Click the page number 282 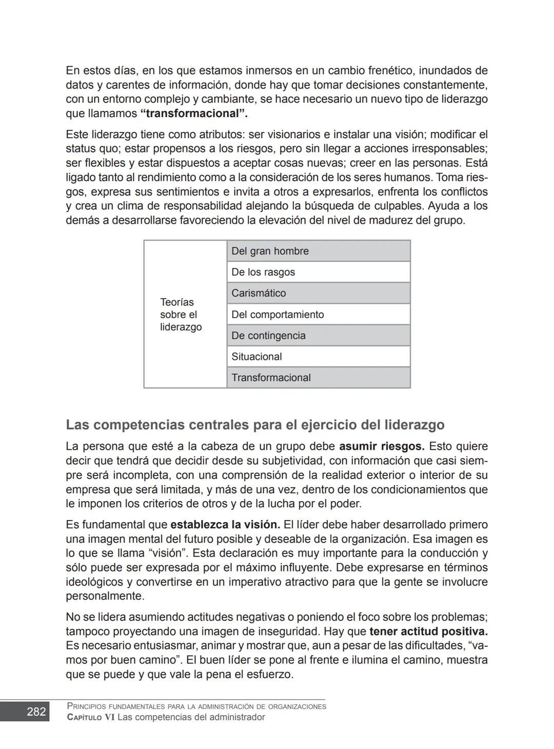[36, 712]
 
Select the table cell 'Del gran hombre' [318, 251]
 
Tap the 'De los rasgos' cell [318, 272]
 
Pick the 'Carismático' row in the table [318, 293]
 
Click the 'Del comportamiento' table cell [318, 315]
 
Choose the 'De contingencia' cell [318, 336]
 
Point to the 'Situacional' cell [318, 357]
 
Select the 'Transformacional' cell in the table [318, 378]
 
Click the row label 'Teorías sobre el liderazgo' [181, 315]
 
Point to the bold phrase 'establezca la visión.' [225, 525]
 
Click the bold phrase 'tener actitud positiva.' [428, 631]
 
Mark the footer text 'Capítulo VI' [91, 718]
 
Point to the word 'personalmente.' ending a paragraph [105, 597]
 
